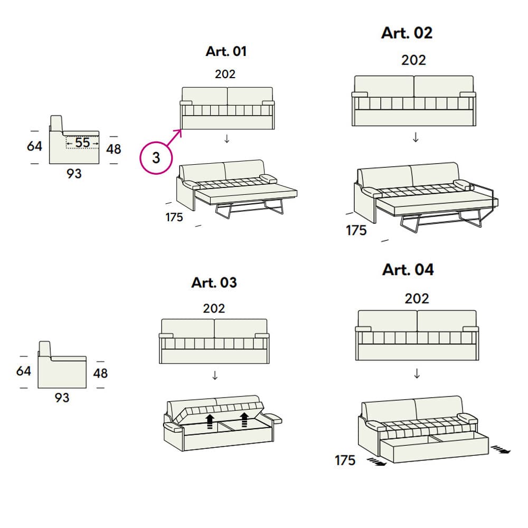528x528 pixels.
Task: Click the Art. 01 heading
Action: (226, 52)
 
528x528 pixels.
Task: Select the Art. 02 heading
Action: (407, 33)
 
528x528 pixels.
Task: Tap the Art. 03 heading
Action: (214, 282)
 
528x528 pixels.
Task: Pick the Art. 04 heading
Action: (408, 270)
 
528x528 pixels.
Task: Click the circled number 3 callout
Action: (156, 157)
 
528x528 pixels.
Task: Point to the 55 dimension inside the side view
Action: (82, 143)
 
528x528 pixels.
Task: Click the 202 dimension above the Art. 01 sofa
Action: (225, 74)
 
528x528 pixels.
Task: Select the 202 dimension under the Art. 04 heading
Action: (417, 299)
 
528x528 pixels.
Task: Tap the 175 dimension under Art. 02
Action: (356, 231)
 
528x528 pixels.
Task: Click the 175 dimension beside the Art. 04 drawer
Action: (345, 460)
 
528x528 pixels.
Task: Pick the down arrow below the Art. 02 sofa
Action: (416, 138)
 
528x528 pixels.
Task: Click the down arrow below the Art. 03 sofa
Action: (215, 375)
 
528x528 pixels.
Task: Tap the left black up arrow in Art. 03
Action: (210, 421)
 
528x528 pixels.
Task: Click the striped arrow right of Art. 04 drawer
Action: (501, 450)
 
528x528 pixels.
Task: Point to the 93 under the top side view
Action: (74, 173)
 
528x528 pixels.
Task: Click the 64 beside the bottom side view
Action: (24, 371)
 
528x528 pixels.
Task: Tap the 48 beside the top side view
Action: (114, 149)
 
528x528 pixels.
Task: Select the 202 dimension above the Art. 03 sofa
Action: (214, 308)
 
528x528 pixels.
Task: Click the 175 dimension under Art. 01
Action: (174, 217)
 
